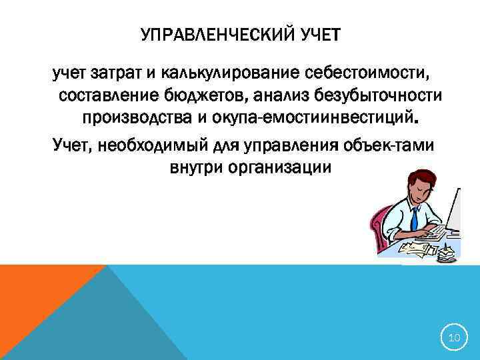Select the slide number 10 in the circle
click(x=454, y=339)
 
